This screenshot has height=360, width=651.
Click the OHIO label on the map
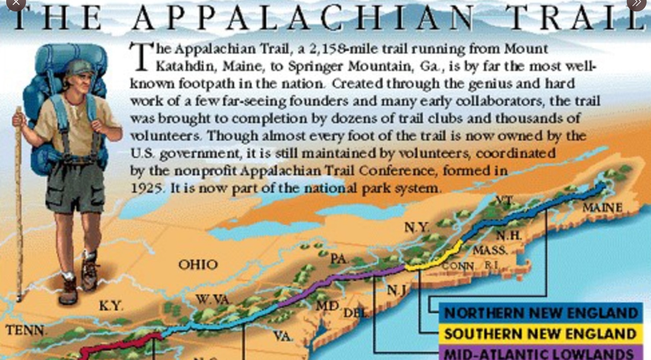[198, 264]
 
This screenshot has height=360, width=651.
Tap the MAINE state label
[602, 207]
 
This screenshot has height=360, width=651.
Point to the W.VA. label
[213, 300]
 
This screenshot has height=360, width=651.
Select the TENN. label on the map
[25, 330]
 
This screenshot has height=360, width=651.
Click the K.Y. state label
[111, 306]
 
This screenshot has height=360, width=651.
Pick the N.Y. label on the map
[417, 227]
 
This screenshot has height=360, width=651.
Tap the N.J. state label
[397, 290]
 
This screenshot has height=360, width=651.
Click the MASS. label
[490, 251]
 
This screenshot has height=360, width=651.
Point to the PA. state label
[339, 259]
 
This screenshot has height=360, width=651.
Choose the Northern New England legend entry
[541, 313]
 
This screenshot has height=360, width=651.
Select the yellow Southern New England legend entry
[541, 334]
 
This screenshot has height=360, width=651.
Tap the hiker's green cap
[82, 67]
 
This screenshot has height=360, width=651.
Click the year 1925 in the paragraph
[146, 188]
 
